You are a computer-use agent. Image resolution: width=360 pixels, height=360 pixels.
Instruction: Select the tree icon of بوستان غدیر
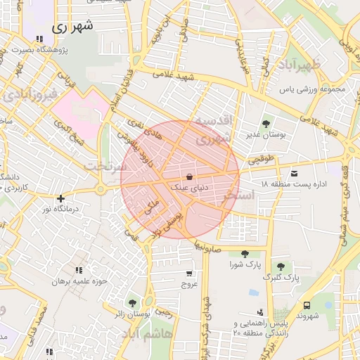265,124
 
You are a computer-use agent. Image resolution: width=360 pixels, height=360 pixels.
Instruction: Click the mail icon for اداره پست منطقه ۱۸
293,172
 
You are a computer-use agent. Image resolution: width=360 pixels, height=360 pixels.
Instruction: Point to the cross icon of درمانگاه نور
61,199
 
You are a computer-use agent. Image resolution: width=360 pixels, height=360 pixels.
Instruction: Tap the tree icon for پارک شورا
245,254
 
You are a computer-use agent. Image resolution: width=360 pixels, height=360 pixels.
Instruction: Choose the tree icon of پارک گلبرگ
281,266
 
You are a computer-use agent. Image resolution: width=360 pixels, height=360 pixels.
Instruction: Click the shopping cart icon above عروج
189,273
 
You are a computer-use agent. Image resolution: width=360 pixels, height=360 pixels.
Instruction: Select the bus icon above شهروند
307,305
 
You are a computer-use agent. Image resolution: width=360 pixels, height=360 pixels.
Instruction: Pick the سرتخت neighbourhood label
105,166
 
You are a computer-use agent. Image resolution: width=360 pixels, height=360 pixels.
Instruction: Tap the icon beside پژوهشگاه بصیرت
38,39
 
